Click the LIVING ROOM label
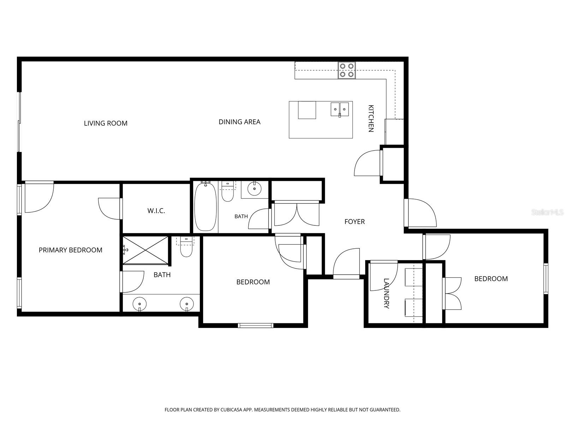pyautogui.click(x=106, y=123)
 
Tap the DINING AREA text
pyautogui.click(x=239, y=122)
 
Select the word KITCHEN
pyautogui.click(x=371, y=118)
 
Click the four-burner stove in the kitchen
pyautogui.click(x=346, y=70)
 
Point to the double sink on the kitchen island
pyautogui.click(x=340, y=109)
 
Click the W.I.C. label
pyautogui.click(x=156, y=211)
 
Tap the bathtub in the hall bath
pyautogui.click(x=205, y=207)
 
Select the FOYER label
pyautogui.click(x=355, y=222)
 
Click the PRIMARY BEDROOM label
pyautogui.click(x=71, y=250)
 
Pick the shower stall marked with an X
pyautogui.click(x=145, y=250)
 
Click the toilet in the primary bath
pyautogui.click(x=186, y=247)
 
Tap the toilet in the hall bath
pyautogui.click(x=227, y=192)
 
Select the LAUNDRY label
pyautogui.click(x=386, y=294)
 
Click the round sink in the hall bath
pyautogui.click(x=254, y=189)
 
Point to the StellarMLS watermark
pyautogui.click(x=547, y=213)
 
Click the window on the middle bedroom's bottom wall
pyautogui.click(x=255, y=326)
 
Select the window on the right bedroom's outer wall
pyautogui.click(x=546, y=278)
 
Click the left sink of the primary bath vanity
pyautogui.click(x=139, y=304)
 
